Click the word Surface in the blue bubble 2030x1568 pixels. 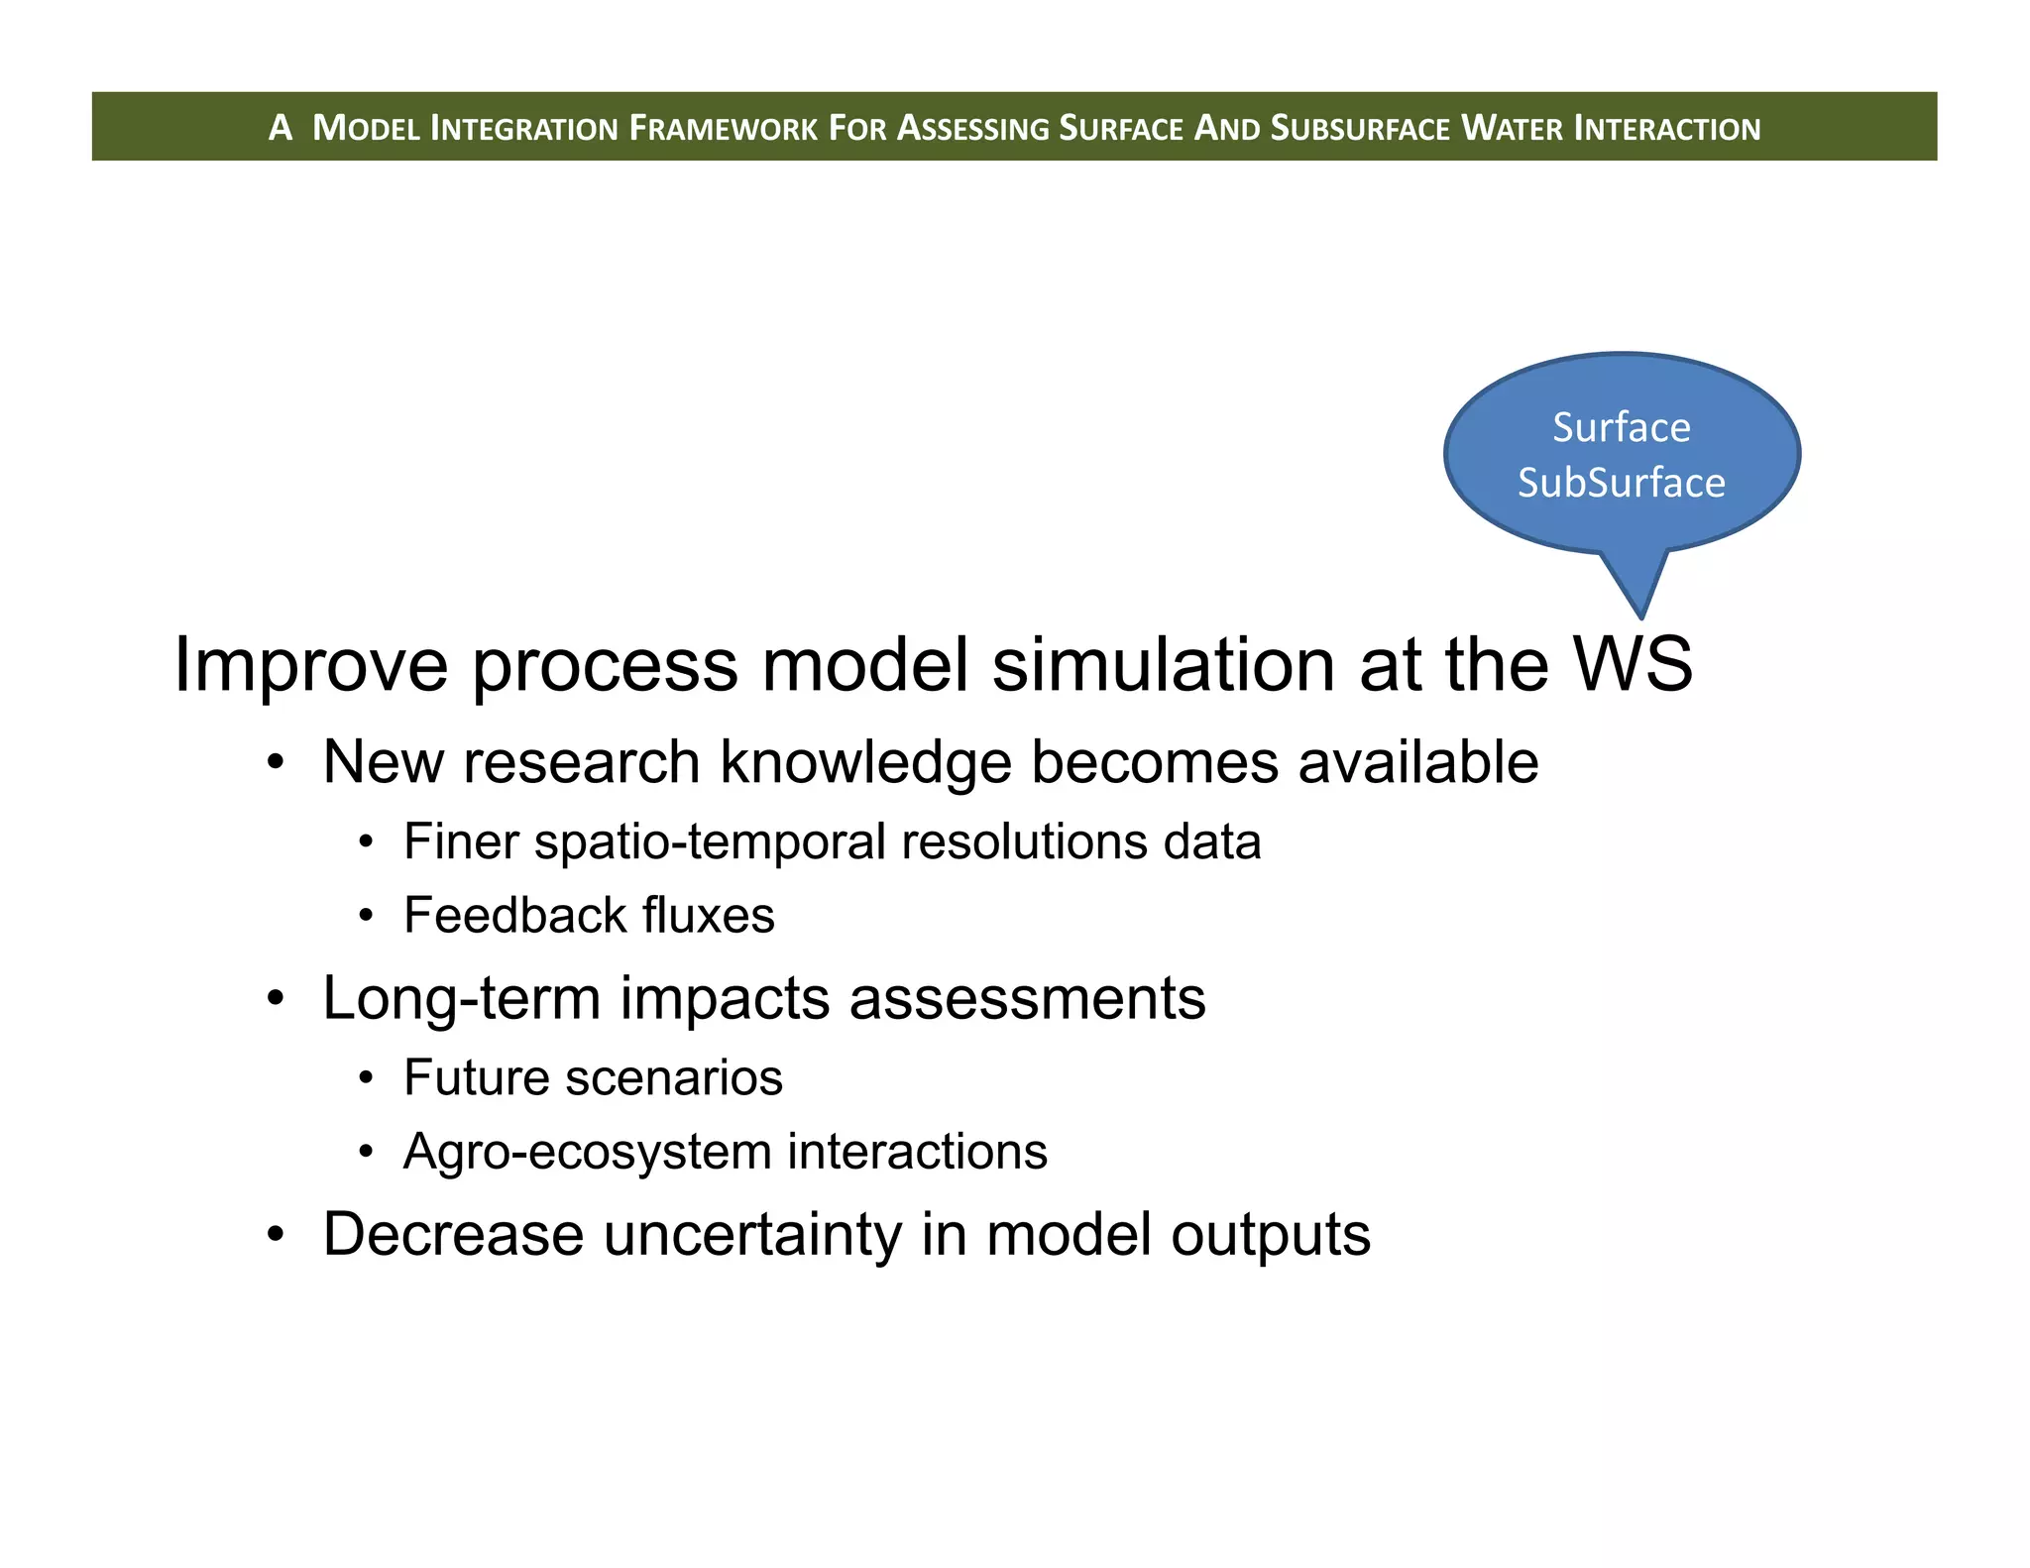pyautogui.click(x=1621, y=427)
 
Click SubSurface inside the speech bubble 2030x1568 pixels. pyautogui.click(x=1621, y=483)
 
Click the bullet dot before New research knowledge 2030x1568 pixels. pyautogui.click(x=276, y=763)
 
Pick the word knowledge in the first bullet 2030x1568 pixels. pyautogui.click(x=865, y=763)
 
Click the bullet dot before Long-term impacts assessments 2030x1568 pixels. pyautogui.click(x=276, y=998)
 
